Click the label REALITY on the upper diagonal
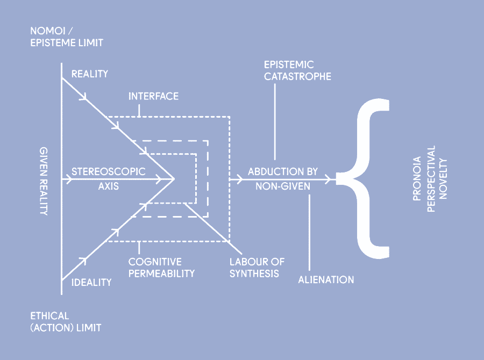coord(90,74)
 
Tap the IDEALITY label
coord(91,282)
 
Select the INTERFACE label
coord(153,96)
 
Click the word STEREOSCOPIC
coord(109,172)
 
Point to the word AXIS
coord(109,187)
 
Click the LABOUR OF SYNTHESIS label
coord(257,268)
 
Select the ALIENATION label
coord(326,280)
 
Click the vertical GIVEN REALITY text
coord(44,181)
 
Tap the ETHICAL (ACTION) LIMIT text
coord(65,321)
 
